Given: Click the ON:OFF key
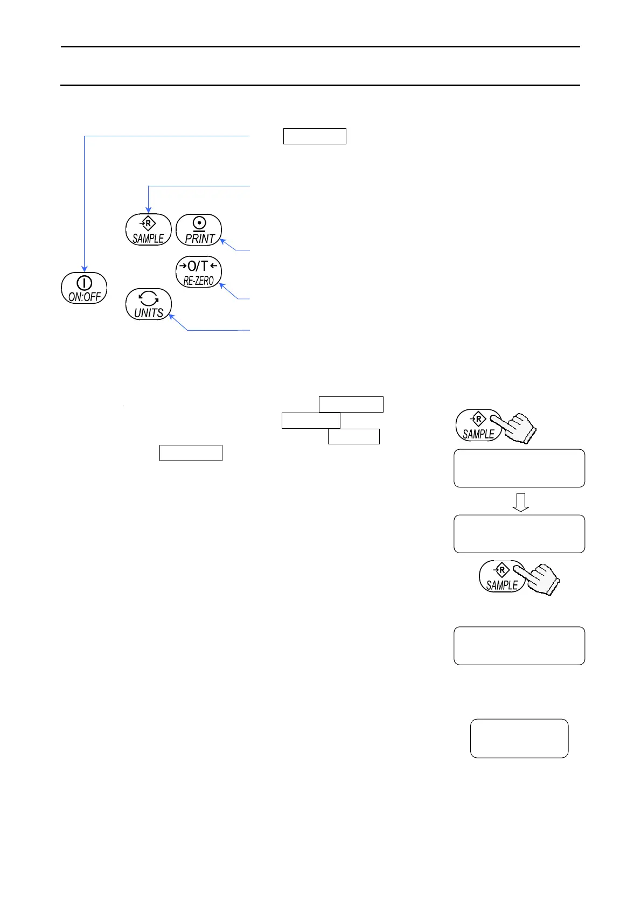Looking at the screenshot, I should pos(84,288).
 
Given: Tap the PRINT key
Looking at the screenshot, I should pos(199,230).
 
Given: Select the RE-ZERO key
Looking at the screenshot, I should pos(199,272).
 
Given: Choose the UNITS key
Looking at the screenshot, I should pos(149,304).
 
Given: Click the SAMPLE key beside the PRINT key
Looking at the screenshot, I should pos(148,230).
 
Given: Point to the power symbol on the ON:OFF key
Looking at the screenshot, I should pos(85,282).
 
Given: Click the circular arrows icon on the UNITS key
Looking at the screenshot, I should pos(149,298).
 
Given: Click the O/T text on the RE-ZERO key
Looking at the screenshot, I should pos(198,266).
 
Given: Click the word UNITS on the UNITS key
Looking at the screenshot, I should pos(149,313).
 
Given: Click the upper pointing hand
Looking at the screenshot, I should pos(517,429).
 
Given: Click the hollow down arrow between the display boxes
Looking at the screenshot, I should pos(520,502).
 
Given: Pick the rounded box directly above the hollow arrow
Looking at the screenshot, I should pos(519,469).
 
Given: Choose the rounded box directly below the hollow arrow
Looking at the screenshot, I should pos(519,534).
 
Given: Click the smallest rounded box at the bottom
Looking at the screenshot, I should pos(519,738).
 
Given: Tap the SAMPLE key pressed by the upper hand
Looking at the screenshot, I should pos(478,425).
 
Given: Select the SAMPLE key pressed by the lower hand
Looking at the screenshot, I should pos(501,577).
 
